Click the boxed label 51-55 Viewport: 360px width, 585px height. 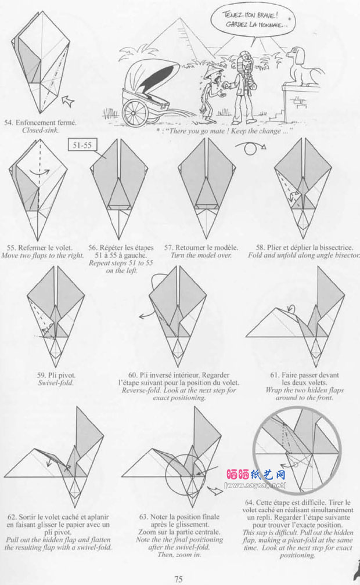pos(82,145)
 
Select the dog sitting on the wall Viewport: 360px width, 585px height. pos(303,66)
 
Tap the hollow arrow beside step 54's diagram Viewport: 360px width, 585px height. pos(67,100)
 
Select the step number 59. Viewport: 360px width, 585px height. pos(41,375)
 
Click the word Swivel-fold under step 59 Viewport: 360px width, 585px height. pos(56,383)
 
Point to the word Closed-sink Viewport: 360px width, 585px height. pos(40,130)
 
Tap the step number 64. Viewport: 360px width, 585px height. pos(249,503)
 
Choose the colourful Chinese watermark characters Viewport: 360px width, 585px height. pos(256,474)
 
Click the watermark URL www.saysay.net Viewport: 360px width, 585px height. pos(256,485)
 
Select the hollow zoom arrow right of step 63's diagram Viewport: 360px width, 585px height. pos(215,490)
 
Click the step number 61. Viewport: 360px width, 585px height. pos(275,375)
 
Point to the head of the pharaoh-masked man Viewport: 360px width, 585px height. pos(246,60)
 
